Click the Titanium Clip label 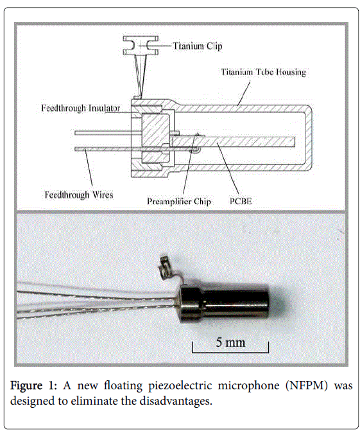coord(198,46)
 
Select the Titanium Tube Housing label coord(264,72)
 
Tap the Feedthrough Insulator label coord(80,108)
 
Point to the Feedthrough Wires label coord(79,195)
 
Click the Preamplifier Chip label coord(179,202)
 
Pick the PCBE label coord(241,201)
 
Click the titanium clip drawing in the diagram coord(141,46)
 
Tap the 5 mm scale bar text coord(230,342)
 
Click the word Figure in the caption coord(26,385)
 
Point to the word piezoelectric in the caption coord(180,385)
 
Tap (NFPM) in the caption coord(307,385)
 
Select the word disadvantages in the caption coord(176,401)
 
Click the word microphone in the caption coord(248,385)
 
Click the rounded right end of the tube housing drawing coord(310,136)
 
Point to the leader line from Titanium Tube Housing coord(244,93)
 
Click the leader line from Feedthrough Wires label coord(88,168)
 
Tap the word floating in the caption coord(123,385)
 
